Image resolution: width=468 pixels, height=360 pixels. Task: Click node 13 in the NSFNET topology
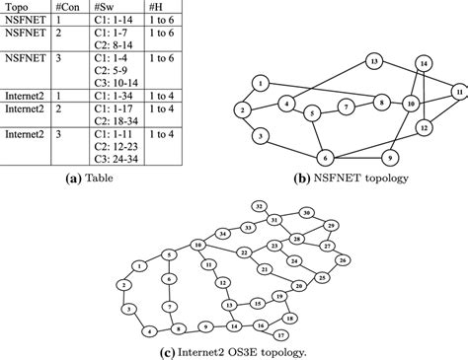tap(375, 61)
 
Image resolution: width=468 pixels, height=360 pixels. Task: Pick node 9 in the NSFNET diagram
tap(391, 158)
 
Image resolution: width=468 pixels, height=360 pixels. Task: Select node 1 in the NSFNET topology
tap(259, 82)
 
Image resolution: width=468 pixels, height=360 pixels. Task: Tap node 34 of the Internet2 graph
tap(223, 233)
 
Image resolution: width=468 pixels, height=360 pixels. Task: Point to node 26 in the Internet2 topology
tap(342, 259)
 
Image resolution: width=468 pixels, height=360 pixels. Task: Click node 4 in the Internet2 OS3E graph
tap(149, 330)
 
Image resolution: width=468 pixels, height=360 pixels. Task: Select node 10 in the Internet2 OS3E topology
tap(198, 245)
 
